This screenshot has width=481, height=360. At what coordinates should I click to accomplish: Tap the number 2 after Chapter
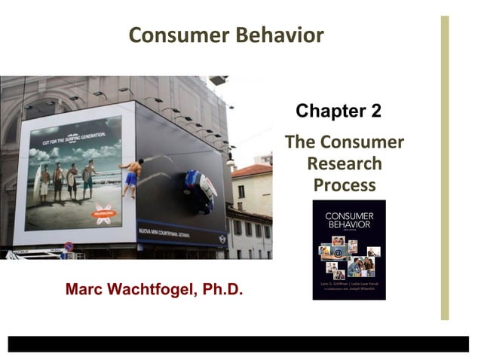[375, 112]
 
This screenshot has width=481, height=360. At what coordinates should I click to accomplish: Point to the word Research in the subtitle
[344, 163]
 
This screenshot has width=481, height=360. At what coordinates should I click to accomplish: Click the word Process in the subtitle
[344, 185]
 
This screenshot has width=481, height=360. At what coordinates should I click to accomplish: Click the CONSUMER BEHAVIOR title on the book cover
[348, 221]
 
